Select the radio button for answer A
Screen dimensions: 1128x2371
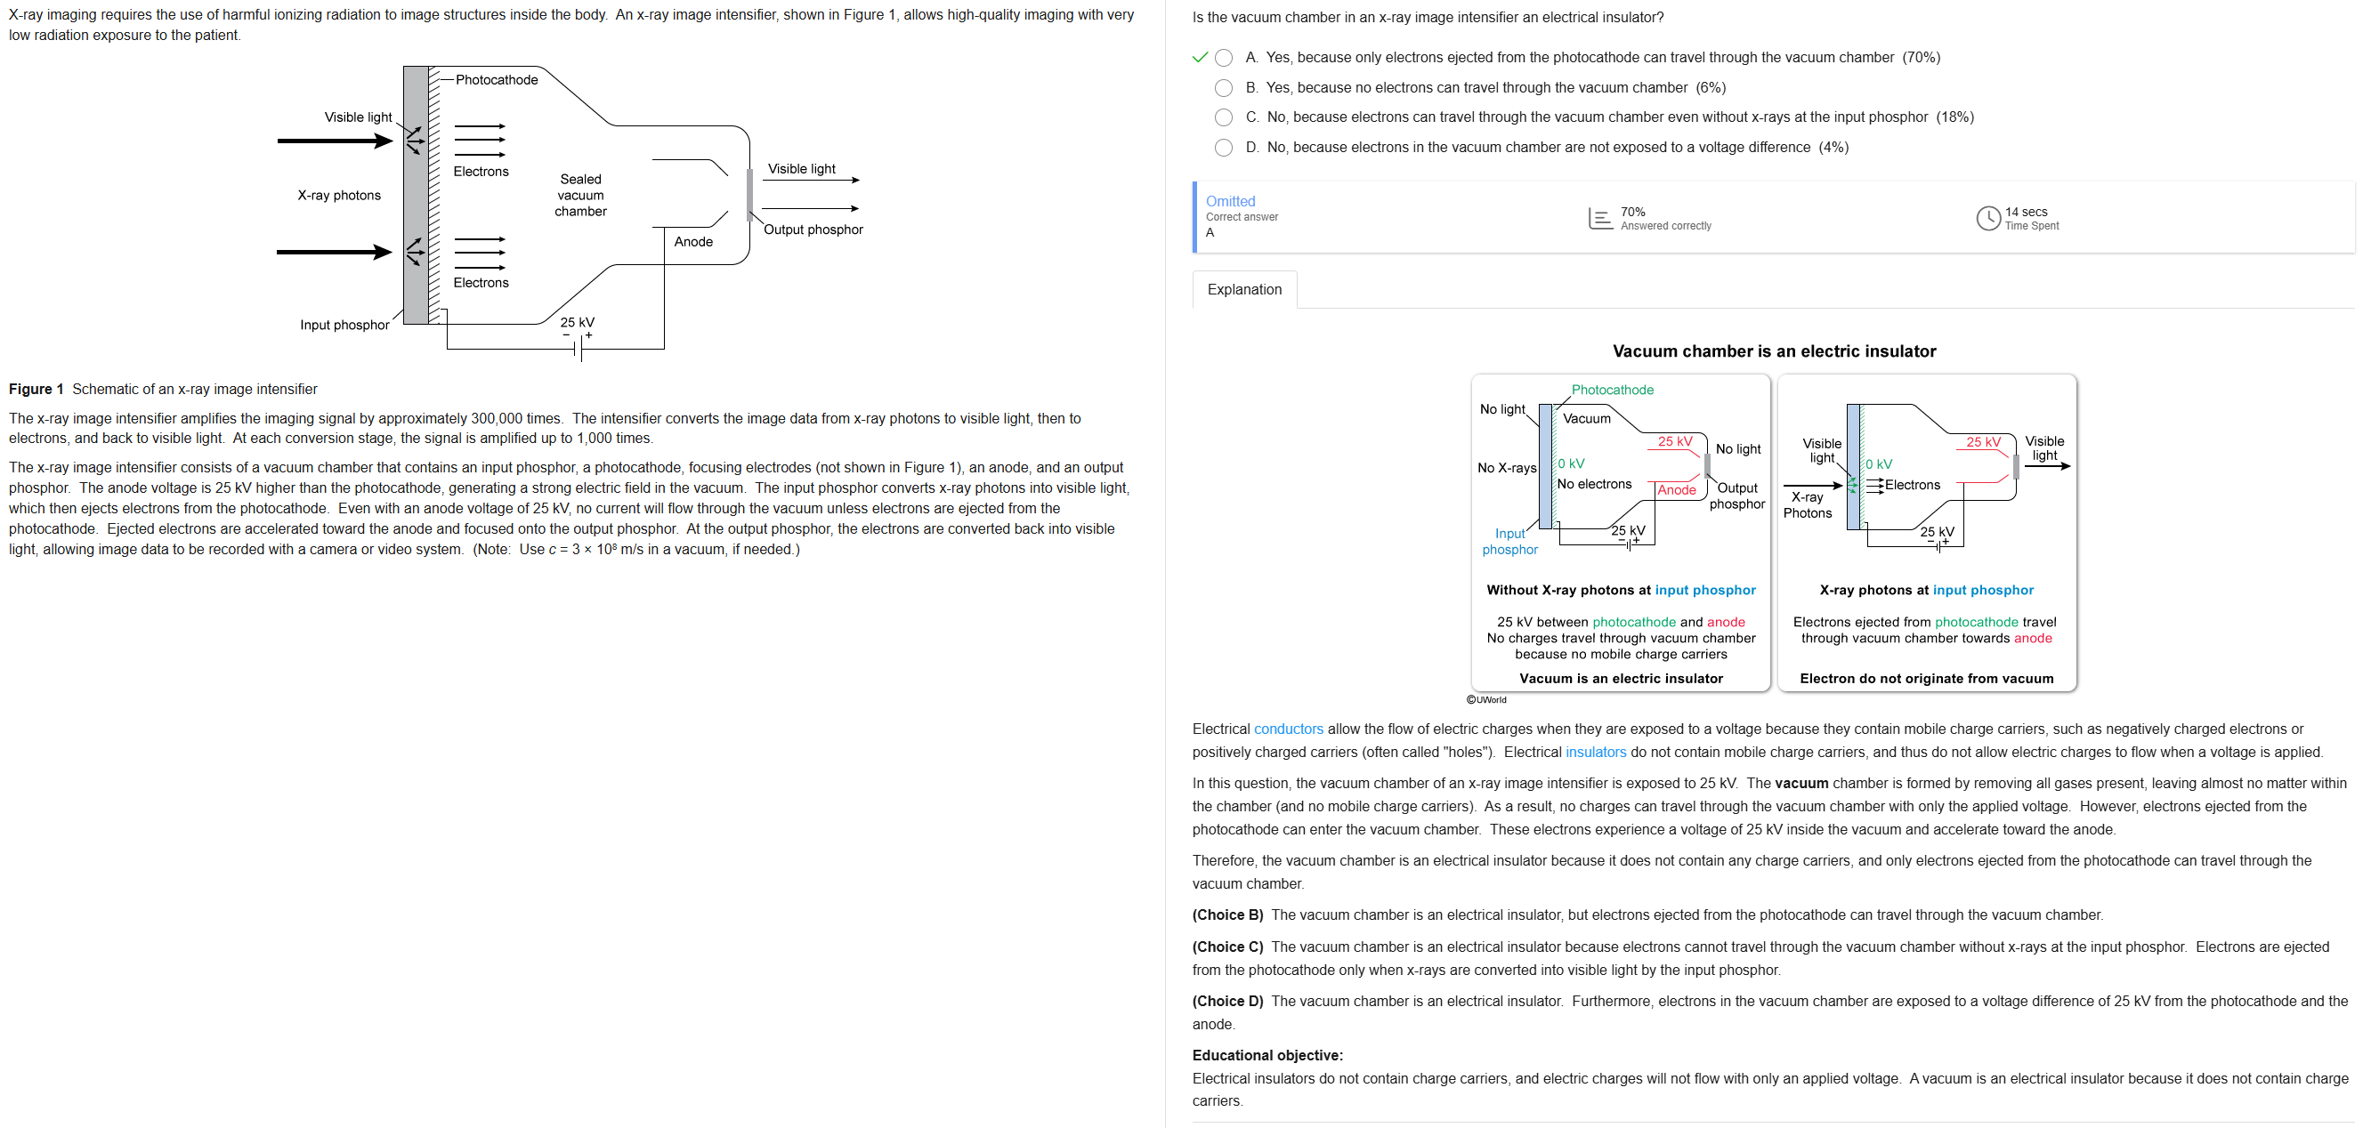click(1223, 58)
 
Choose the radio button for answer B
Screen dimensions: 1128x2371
click(1223, 88)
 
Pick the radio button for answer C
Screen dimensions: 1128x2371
click(1223, 117)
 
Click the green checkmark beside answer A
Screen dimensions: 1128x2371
click(1200, 57)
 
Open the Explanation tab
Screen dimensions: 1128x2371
click(1243, 289)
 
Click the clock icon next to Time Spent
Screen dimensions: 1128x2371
click(1988, 218)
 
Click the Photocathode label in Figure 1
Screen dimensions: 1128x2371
click(496, 80)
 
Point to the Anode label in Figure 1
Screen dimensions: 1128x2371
click(693, 242)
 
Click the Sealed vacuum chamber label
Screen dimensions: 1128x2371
click(580, 195)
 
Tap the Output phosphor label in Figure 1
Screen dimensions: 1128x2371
click(813, 230)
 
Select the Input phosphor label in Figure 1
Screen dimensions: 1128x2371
click(344, 325)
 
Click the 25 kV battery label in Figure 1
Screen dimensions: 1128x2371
click(577, 323)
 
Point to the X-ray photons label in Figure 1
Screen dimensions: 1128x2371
click(339, 195)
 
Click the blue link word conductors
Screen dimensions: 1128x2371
click(1288, 729)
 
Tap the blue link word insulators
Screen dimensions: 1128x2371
click(1595, 752)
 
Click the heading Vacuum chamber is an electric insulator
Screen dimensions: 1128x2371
click(1774, 351)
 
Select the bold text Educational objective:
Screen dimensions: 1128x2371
click(1266, 1055)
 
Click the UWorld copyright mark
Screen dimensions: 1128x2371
click(1485, 700)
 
